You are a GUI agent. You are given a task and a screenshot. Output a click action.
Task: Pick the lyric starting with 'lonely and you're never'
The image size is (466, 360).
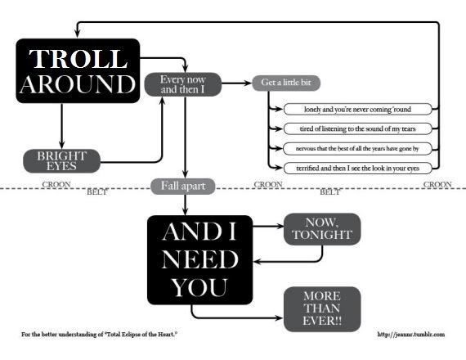point(350,109)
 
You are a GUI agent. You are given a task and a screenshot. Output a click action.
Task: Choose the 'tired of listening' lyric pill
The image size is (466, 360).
point(350,128)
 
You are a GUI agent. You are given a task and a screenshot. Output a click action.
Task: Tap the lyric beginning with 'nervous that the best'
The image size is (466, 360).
point(350,148)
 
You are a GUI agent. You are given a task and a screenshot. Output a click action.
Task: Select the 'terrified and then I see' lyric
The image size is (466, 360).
point(350,168)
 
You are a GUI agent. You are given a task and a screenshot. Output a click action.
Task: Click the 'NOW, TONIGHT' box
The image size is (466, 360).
point(321,230)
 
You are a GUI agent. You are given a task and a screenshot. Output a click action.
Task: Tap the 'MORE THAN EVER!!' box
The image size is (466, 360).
point(321,308)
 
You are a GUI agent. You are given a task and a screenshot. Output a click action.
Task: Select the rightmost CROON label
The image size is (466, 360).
point(437,185)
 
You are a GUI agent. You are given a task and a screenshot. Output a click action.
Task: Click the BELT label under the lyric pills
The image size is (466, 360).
point(329,192)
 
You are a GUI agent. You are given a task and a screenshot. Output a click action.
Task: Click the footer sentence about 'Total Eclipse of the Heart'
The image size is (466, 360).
point(100,335)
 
